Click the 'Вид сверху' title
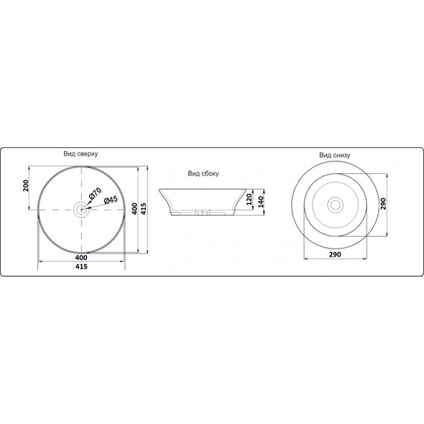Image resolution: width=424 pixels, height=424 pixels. coord(80,154)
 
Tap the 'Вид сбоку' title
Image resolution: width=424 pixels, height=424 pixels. coord(203,173)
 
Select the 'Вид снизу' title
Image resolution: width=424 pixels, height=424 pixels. coord(335,155)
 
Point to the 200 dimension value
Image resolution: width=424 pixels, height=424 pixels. coord(26,185)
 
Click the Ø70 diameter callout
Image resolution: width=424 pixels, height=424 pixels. coord(95,193)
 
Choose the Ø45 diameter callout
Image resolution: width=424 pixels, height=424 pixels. coord(111,200)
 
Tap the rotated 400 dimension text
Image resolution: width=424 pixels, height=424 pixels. coord(135,209)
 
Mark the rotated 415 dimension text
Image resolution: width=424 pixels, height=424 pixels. coord(144,209)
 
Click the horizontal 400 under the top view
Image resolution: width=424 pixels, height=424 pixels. coord(81,257)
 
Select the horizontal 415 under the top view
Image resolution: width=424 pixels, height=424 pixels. coord(81,266)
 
